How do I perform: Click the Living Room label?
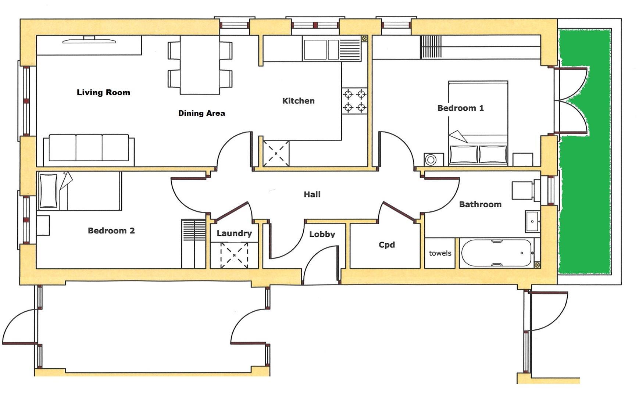(103, 92)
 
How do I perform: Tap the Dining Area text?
(201, 113)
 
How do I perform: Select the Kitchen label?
(298, 101)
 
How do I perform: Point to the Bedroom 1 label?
(460, 108)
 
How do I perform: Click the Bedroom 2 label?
(111, 231)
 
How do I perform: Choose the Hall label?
(312, 194)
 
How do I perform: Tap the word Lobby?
(322, 235)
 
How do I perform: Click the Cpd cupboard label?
(387, 245)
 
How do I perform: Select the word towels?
(440, 253)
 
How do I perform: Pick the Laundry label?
(234, 233)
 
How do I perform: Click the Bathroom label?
(480, 204)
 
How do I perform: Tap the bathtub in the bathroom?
(496, 253)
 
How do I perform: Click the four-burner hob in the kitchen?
(354, 101)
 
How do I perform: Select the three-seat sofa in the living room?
(89, 150)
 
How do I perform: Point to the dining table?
(200, 65)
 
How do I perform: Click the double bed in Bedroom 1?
(478, 123)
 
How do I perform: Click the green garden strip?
(585, 151)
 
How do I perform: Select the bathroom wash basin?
(532, 221)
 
